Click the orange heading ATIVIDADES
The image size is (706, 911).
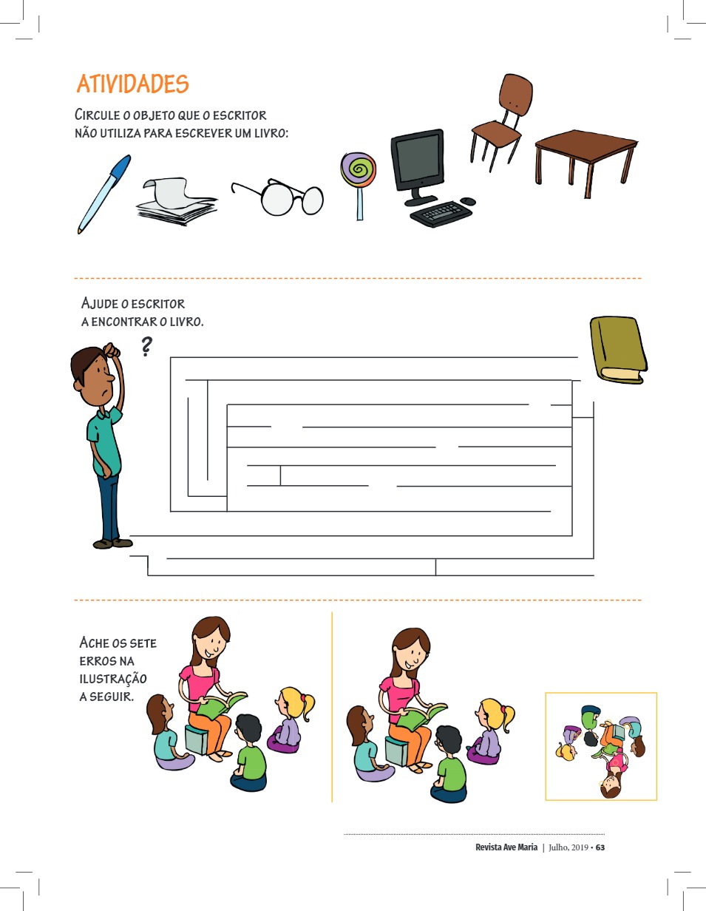133,84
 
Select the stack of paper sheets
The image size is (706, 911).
177,201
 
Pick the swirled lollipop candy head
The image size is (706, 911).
359,169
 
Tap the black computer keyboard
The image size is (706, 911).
441,214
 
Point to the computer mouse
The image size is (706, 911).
468,201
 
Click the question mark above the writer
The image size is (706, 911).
146,346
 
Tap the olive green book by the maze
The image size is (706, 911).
619,350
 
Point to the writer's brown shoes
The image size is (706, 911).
112,543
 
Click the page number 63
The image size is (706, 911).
600,847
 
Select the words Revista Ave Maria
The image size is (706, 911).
506,847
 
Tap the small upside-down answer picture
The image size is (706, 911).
601,747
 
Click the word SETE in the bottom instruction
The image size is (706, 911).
143,643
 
